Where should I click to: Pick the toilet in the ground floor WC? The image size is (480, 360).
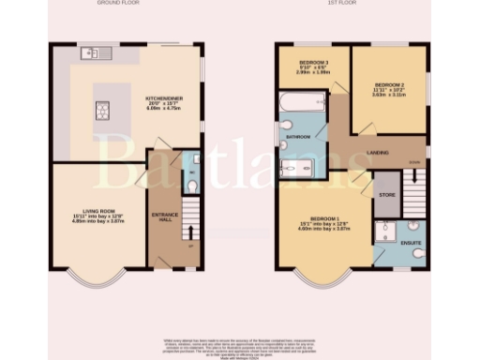pyautogui.click(x=193, y=187)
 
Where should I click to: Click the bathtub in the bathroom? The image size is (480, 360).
pyautogui.click(x=301, y=100)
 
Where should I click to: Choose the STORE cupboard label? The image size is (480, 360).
pyautogui.click(x=385, y=195)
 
